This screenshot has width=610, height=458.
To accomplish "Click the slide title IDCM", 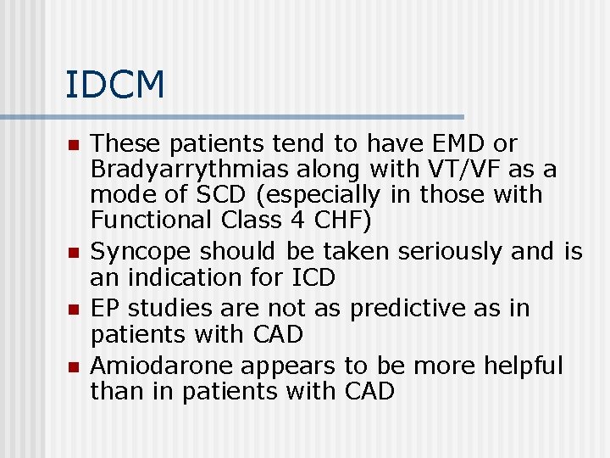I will pos(115,85).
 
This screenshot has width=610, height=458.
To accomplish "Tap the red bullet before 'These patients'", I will pos(74,146).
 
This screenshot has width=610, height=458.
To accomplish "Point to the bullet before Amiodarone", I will pos(74,367).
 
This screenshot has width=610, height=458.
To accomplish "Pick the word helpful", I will pos(523,366).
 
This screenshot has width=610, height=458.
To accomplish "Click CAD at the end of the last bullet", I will pos(369,392).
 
